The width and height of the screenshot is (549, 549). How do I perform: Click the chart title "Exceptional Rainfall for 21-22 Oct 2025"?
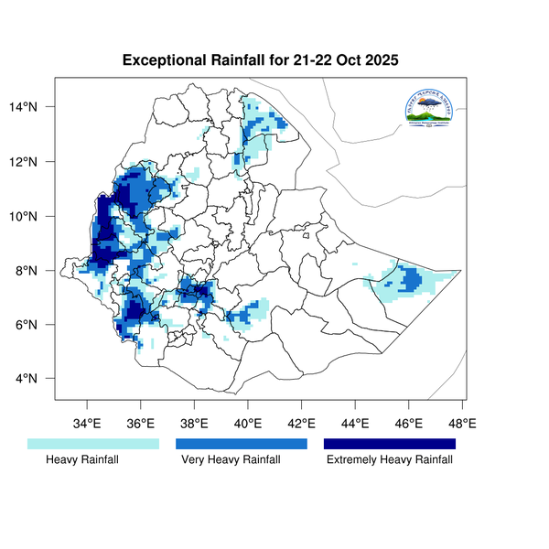coord(262,61)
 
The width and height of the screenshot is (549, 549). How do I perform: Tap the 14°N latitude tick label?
coord(35,108)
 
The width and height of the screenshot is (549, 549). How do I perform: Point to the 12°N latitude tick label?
coord(35,162)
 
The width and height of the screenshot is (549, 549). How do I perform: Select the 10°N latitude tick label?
coord(35,217)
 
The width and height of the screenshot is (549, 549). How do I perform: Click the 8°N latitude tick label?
coord(38,271)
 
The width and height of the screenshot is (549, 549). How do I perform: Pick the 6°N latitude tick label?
coord(38,325)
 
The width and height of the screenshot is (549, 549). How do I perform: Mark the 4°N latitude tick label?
coord(38,379)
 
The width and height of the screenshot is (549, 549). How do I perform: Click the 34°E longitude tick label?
coord(87,424)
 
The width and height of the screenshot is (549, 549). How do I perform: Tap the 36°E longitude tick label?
coord(141,424)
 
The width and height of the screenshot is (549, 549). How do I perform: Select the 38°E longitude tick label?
coord(194,424)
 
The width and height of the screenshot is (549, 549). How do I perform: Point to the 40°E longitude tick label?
coord(248,424)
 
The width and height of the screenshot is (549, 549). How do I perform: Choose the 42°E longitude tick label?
coord(301,424)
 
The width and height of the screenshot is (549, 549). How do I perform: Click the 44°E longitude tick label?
coord(355,424)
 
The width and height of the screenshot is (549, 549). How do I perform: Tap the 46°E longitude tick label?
coord(409,424)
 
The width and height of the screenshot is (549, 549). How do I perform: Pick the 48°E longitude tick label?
coord(462,424)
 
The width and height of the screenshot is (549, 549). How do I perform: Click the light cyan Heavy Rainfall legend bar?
coord(94,444)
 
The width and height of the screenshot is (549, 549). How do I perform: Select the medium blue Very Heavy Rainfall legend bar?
coord(242,444)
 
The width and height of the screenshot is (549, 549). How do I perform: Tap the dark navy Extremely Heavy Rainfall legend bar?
coord(390,444)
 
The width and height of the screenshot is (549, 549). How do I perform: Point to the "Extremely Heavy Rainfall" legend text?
coord(390,460)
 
